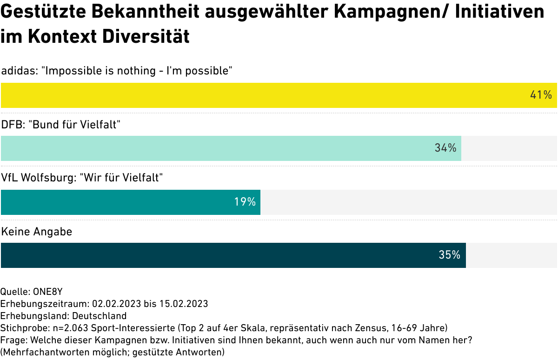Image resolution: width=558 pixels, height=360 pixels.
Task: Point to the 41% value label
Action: click(541, 95)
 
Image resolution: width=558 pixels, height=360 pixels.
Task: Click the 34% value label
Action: click(445, 148)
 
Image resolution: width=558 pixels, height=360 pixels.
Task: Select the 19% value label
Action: click(245, 202)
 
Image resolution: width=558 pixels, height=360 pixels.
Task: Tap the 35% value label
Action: click(450, 255)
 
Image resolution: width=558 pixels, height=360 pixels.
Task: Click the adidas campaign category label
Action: click(117, 71)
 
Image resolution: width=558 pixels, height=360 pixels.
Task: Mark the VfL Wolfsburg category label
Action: click(82, 178)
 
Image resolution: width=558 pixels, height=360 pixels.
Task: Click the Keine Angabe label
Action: click(37, 231)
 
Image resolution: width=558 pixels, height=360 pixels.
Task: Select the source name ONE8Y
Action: click(47, 292)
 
